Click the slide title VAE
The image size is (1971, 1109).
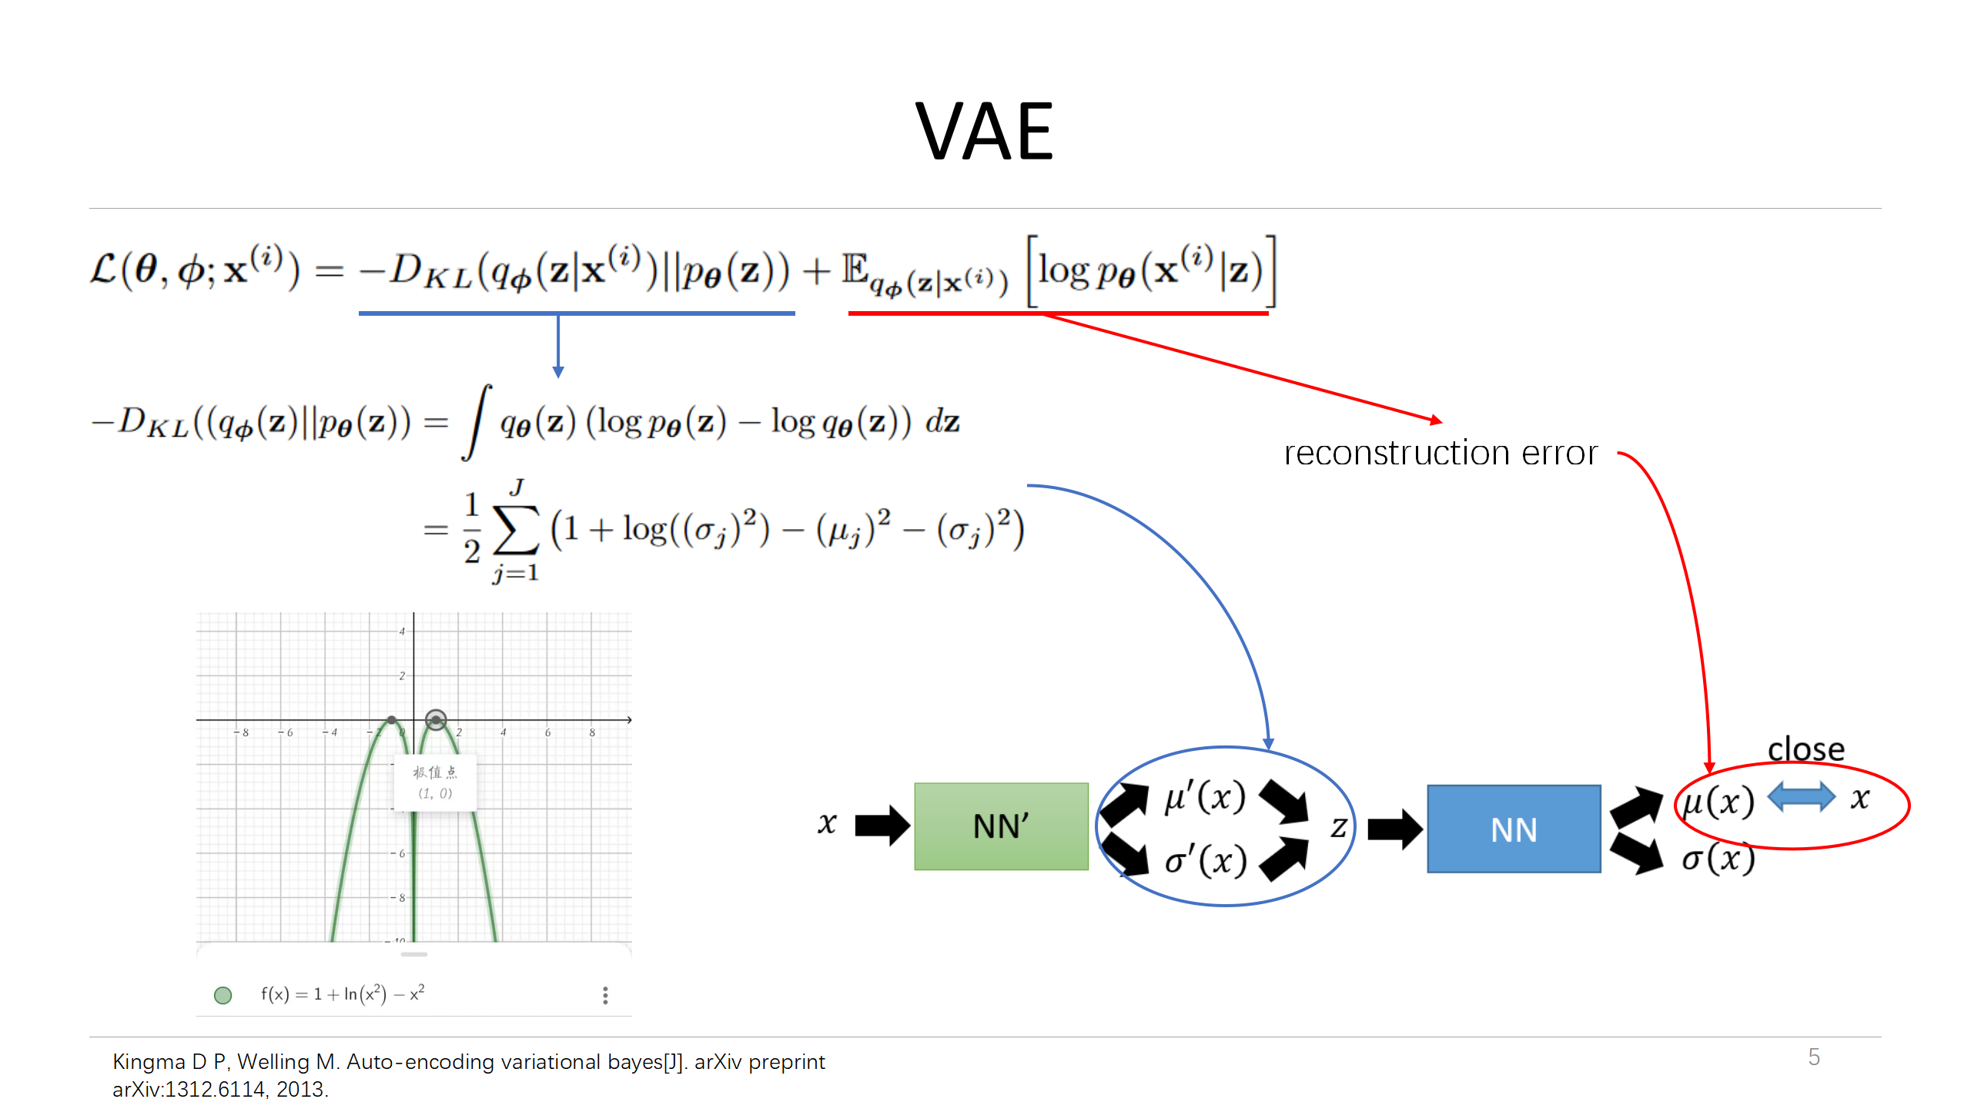pyautogui.click(x=984, y=132)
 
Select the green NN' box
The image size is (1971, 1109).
pyautogui.click(x=1001, y=826)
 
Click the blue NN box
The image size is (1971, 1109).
pyautogui.click(x=1514, y=829)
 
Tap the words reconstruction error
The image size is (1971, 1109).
pyautogui.click(x=1441, y=453)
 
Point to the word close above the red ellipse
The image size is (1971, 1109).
pyautogui.click(x=1805, y=749)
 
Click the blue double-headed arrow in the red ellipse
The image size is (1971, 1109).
pyautogui.click(x=1801, y=797)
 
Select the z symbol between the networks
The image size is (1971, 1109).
pyautogui.click(x=1339, y=827)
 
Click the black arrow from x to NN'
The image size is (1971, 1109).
pyautogui.click(x=882, y=825)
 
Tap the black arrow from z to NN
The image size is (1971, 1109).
pyautogui.click(x=1394, y=829)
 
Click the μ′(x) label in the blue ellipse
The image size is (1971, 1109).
pyautogui.click(x=1205, y=796)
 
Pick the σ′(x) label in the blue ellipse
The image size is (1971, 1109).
pyautogui.click(x=1206, y=860)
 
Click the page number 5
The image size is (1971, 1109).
pyautogui.click(x=1814, y=1057)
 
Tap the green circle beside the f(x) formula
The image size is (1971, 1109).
pyautogui.click(x=223, y=995)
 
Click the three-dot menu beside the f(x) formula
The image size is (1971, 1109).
pyautogui.click(x=605, y=995)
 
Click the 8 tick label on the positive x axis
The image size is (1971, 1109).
pyautogui.click(x=592, y=732)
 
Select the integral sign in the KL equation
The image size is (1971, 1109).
pyautogui.click(x=477, y=422)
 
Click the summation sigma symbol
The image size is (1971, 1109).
pyautogui.click(x=515, y=531)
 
